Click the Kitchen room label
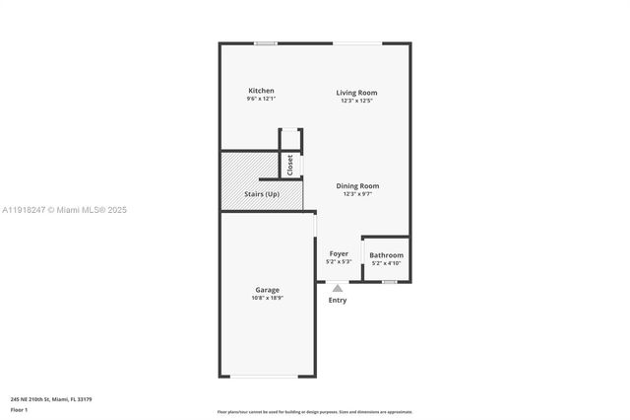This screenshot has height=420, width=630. click(x=261, y=91)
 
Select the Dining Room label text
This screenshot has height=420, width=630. click(x=357, y=185)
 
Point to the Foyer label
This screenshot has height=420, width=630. click(x=339, y=253)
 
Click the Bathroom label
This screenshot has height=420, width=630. click(x=386, y=255)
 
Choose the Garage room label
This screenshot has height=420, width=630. click(x=267, y=290)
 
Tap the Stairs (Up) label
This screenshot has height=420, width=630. click(x=261, y=194)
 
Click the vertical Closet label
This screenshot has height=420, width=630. click(x=290, y=165)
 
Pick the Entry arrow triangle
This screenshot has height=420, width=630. click(x=338, y=289)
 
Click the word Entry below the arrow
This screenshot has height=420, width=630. click(x=338, y=301)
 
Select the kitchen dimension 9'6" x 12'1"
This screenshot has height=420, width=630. click(x=261, y=99)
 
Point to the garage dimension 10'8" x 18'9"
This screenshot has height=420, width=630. click(x=267, y=298)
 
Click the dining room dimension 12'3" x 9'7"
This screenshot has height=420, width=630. click(x=357, y=193)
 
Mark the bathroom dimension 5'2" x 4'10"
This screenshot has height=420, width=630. click(x=386, y=263)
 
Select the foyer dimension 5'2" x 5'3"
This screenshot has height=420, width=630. click(x=339, y=261)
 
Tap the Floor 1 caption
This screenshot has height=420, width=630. click(x=20, y=409)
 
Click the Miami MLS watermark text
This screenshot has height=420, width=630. click(x=64, y=210)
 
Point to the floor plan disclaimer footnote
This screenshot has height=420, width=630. click(x=315, y=412)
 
